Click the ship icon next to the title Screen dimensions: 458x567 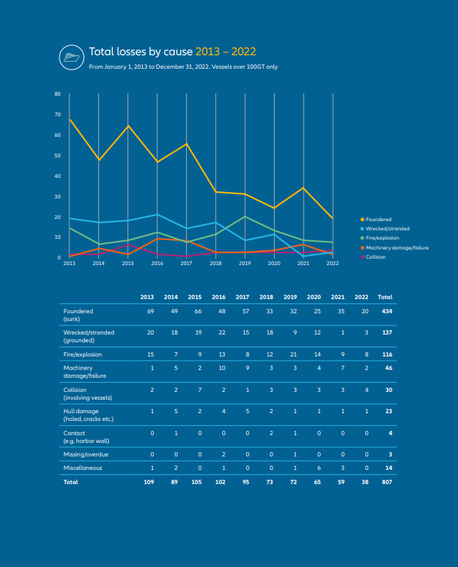click(71, 57)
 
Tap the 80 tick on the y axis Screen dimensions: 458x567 click(58, 94)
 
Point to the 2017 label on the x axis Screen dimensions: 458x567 click(186, 263)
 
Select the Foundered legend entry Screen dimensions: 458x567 click(376, 220)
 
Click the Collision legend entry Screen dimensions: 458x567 click(373, 257)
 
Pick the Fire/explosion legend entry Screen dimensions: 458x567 click(379, 238)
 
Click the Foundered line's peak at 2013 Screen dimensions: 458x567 click(69, 119)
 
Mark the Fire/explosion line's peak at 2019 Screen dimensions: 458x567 click(245, 216)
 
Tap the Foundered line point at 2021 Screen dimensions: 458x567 click(304, 188)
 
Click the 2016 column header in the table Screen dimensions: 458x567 click(219, 297)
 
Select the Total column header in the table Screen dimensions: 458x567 click(385, 297)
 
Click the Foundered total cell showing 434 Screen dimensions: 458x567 click(387, 311)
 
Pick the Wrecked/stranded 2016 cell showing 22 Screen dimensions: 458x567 click(222, 332)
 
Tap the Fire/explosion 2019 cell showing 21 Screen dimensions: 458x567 click(293, 355)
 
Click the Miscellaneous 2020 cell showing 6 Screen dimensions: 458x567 click(319, 468)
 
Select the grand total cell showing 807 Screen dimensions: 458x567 click(387, 482)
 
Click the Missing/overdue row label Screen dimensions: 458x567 click(86, 454)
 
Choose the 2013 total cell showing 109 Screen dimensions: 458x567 click(149, 482)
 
